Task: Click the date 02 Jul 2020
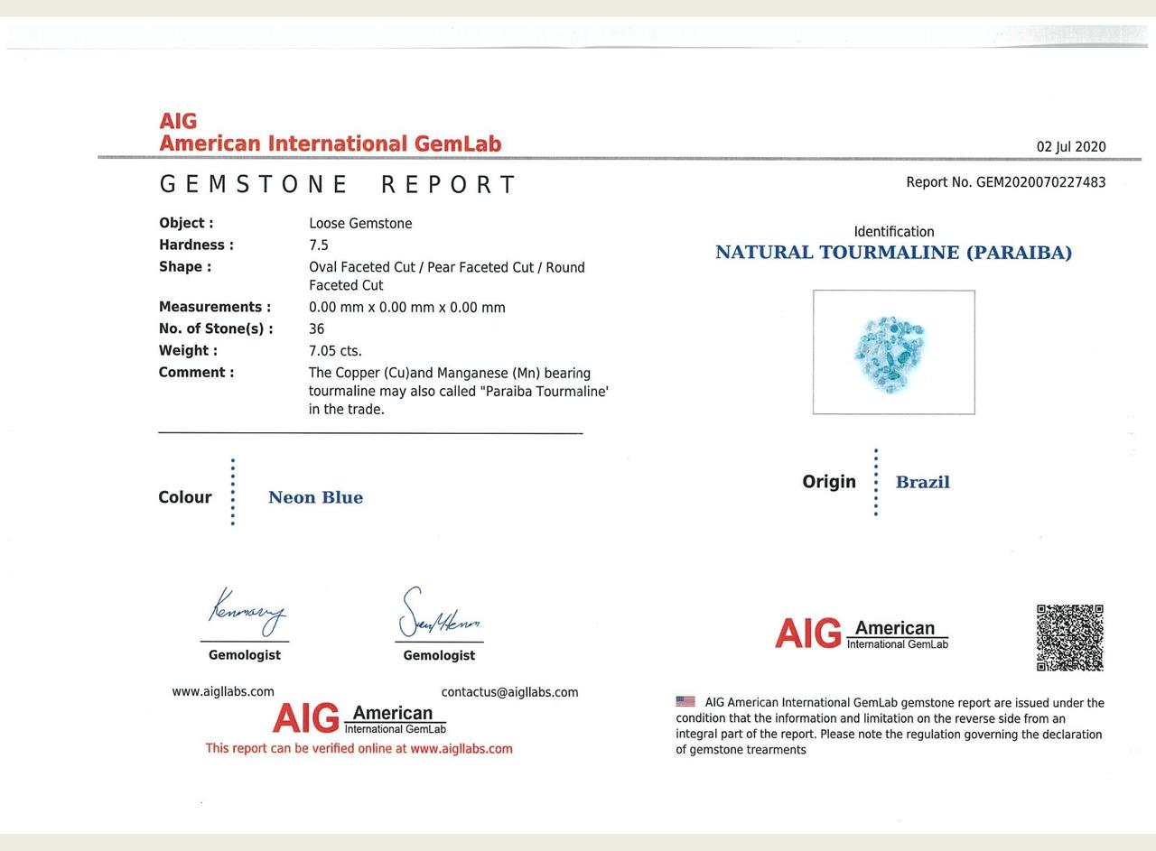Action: (x=1071, y=147)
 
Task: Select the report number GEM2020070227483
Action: (x=1040, y=182)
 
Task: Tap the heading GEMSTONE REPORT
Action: (x=338, y=185)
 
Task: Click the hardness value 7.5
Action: (x=319, y=245)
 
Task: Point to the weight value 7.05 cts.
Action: (x=335, y=351)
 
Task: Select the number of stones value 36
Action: (x=316, y=329)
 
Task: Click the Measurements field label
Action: (x=215, y=307)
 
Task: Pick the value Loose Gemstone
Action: (x=360, y=224)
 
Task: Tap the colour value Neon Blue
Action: (x=315, y=497)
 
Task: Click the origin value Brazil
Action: (x=922, y=482)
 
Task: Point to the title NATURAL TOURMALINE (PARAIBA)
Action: (x=893, y=253)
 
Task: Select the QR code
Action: (x=1070, y=638)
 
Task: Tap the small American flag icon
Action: (x=685, y=701)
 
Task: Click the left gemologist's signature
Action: (x=246, y=614)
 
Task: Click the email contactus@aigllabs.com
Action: (x=509, y=692)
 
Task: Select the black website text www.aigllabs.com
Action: (x=223, y=691)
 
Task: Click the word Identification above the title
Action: (x=893, y=232)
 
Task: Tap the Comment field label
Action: (x=196, y=373)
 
